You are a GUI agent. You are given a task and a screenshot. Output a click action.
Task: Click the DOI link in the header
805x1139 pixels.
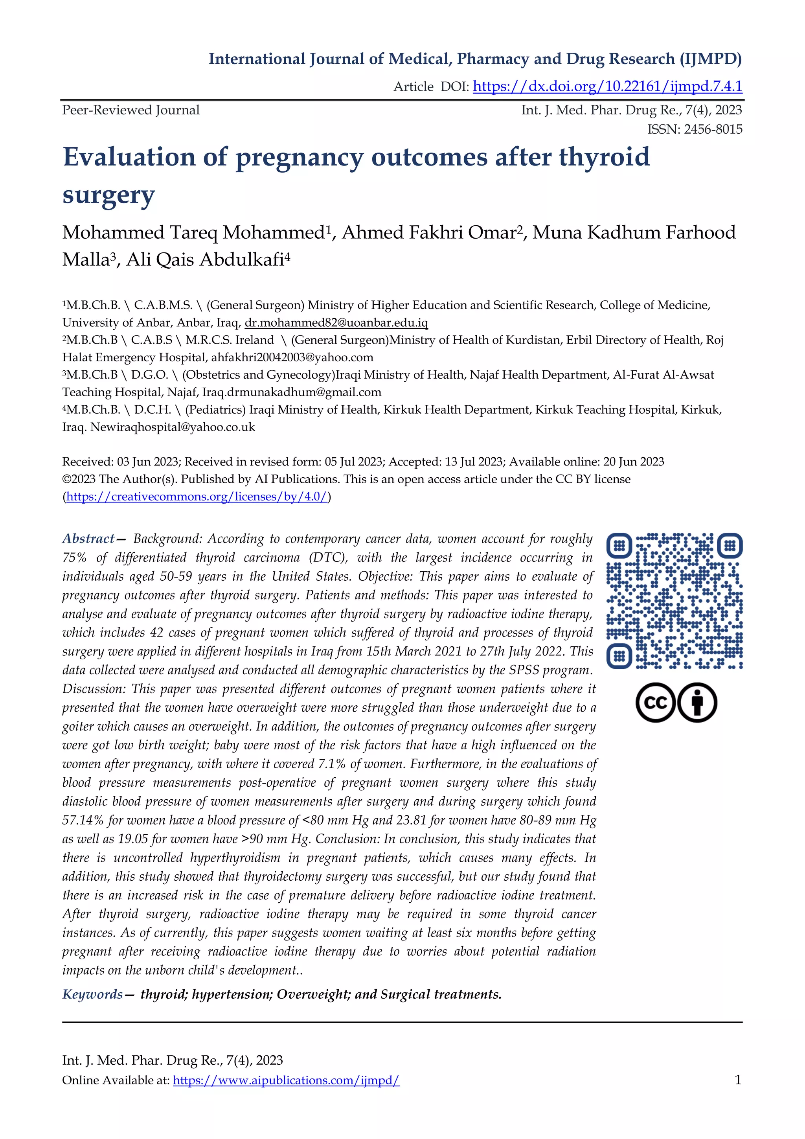(x=607, y=86)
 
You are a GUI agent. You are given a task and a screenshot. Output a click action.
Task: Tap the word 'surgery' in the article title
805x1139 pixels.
(x=108, y=195)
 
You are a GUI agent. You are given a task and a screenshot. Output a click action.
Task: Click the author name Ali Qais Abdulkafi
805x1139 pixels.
(x=208, y=259)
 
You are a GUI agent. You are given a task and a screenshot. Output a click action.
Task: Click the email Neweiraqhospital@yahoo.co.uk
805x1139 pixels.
(x=172, y=427)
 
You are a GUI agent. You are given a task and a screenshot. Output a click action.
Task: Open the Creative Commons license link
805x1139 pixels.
(x=197, y=497)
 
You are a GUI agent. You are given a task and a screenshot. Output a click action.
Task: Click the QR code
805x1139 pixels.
(x=674, y=601)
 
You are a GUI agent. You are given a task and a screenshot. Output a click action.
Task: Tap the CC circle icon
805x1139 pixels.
(x=655, y=703)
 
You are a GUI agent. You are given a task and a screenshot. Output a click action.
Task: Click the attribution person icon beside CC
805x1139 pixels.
(x=697, y=703)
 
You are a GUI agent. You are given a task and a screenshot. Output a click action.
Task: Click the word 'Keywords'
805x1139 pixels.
(x=93, y=994)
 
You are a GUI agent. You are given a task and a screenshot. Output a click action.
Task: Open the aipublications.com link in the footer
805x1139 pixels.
(x=286, y=1080)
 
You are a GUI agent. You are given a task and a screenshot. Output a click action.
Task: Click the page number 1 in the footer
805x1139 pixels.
(x=737, y=1080)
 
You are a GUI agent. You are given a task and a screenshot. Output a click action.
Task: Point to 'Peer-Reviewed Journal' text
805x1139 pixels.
(x=131, y=110)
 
